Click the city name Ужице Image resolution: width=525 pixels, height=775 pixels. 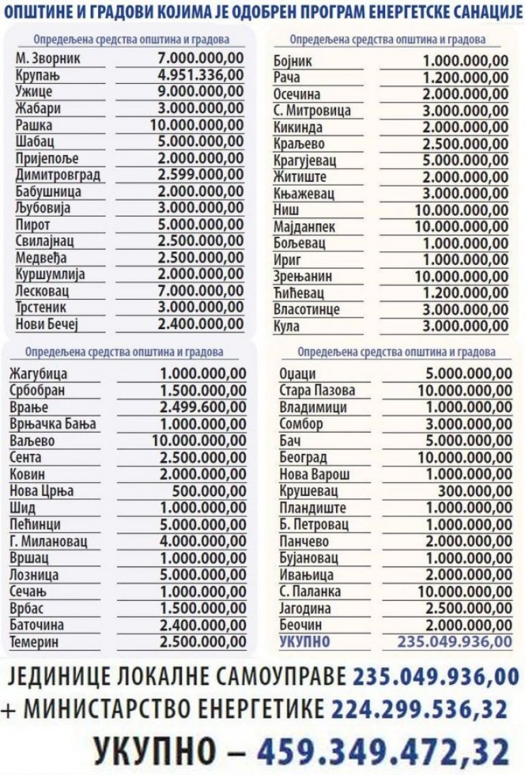pyautogui.click(x=33, y=91)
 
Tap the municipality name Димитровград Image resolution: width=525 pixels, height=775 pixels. pyautogui.click(x=57, y=175)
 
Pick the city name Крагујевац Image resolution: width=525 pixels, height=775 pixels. pyautogui.click(x=307, y=161)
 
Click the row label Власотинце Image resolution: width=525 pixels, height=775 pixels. pyautogui.click(x=310, y=309)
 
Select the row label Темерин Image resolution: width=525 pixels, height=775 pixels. pyautogui.click(x=34, y=642)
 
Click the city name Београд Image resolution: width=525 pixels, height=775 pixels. pyautogui.click(x=303, y=457)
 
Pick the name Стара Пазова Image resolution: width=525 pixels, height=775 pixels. pyautogui.click(x=317, y=391)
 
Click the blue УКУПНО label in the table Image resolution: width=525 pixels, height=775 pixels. pyautogui.click(x=305, y=641)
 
